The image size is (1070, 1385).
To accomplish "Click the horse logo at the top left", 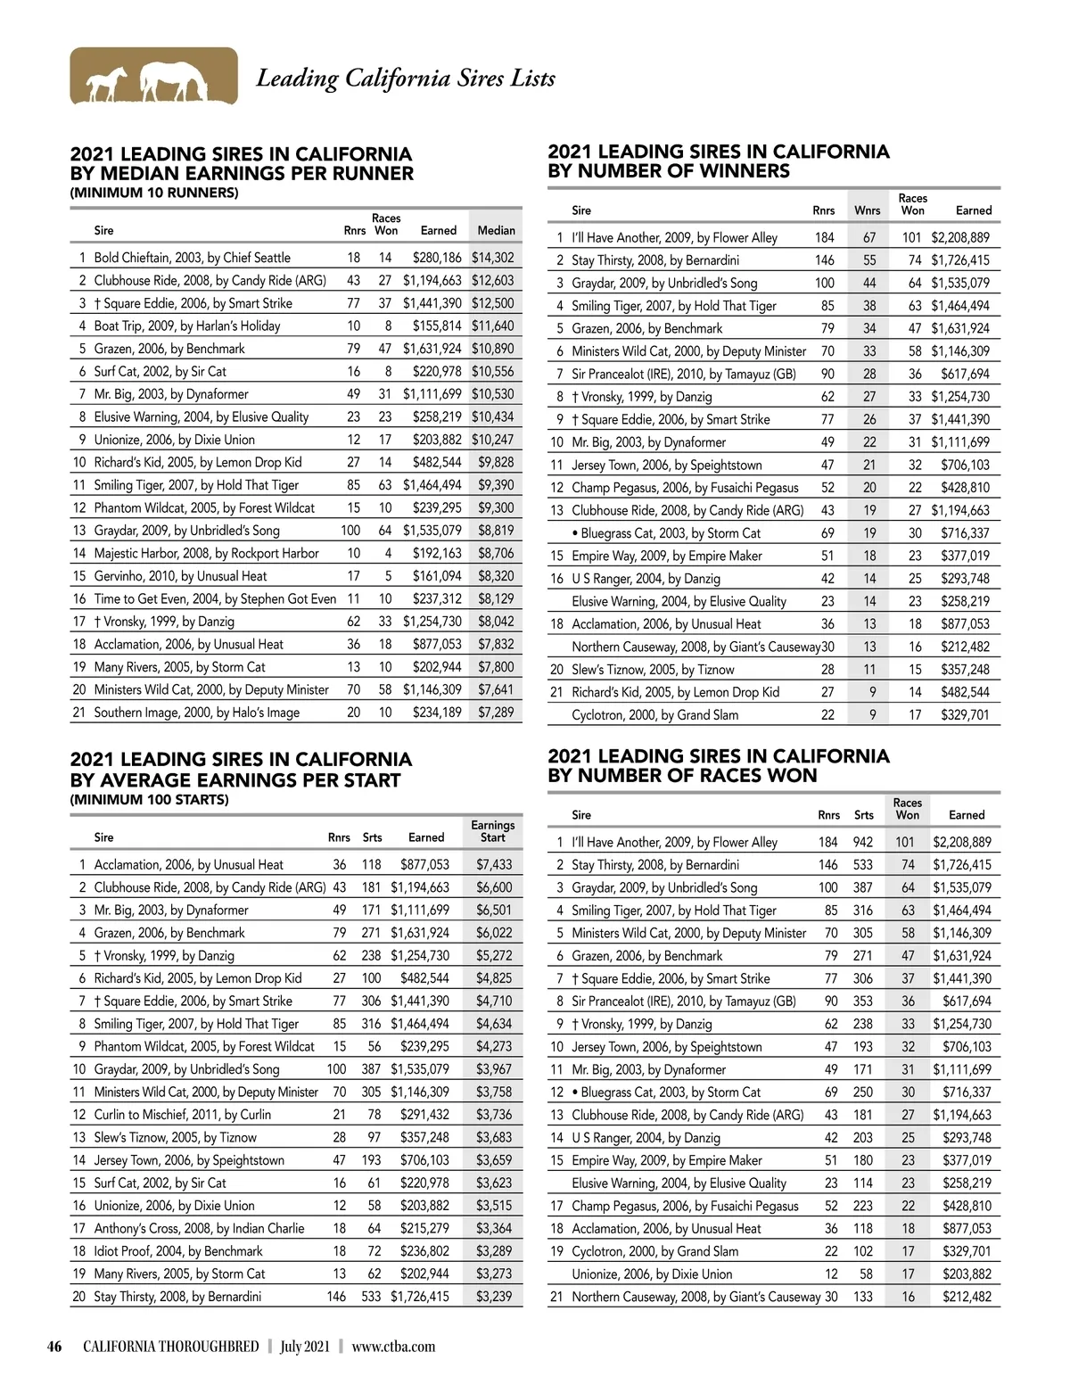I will [x=153, y=77].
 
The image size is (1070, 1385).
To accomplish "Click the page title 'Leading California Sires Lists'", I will [x=406, y=78].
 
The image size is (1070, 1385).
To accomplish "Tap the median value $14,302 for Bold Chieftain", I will [x=492, y=258].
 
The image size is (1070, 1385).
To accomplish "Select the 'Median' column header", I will [x=496, y=230].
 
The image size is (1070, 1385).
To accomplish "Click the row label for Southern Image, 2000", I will [x=196, y=713].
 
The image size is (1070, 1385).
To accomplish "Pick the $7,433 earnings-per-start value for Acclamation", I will [x=494, y=865].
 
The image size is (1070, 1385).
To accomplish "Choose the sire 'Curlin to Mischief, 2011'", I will [x=182, y=1115].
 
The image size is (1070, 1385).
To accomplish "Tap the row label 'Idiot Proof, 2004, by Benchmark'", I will [x=178, y=1251].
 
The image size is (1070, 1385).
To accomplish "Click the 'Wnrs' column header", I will [x=867, y=211].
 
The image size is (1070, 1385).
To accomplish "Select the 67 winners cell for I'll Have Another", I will [x=869, y=238].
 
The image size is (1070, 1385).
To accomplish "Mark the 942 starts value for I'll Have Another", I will [x=863, y=843].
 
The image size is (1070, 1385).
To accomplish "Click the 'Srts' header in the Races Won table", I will [x=863, y=815].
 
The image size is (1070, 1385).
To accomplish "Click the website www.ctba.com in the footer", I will [x=393, y=1347].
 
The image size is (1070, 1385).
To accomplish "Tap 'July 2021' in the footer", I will [x=304, y=1347].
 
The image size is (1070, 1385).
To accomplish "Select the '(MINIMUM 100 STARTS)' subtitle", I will [x=149, y=800].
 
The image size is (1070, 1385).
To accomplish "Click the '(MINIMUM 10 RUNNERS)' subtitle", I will [x=154, y=193].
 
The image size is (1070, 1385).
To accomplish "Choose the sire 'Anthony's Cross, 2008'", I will [x=199, y=1229].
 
